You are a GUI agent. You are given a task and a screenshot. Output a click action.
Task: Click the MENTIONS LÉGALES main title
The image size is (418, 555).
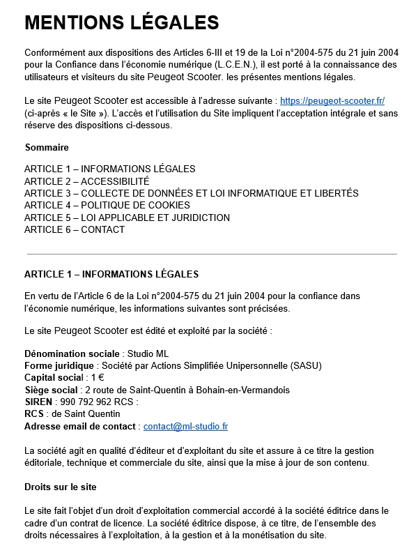tap(121, 23)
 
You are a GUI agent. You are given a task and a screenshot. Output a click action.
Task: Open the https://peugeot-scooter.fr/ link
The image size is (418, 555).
tap(332, 100)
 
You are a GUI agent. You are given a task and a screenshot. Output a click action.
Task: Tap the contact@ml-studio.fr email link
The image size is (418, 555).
tap(185, 426)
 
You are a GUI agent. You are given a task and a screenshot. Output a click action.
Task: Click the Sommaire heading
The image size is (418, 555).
tap(47, 148)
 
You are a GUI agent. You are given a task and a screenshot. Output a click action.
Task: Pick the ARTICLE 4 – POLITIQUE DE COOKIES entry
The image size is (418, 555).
tap(107, 205)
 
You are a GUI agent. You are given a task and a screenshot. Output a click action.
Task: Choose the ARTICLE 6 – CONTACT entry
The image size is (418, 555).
tap(75, 229)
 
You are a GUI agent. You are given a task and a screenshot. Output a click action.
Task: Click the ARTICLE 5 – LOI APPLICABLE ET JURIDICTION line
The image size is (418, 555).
tap(127, 218)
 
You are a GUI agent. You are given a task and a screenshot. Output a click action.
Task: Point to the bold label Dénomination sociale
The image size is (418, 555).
tap(72, 353)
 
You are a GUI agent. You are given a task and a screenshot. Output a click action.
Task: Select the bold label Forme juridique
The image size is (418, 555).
tap(59, 365)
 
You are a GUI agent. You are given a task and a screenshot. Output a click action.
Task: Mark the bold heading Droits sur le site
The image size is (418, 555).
tap(60, 486)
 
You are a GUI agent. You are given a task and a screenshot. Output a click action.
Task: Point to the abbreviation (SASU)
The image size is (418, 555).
tap(307, 365)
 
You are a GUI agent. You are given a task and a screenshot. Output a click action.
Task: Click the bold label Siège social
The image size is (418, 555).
tap(51, 390)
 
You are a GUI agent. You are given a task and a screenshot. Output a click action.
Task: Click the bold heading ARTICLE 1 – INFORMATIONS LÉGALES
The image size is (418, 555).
tap(111, 274)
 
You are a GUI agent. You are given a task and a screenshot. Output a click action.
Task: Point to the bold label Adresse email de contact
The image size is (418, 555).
tap(81, 426)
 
